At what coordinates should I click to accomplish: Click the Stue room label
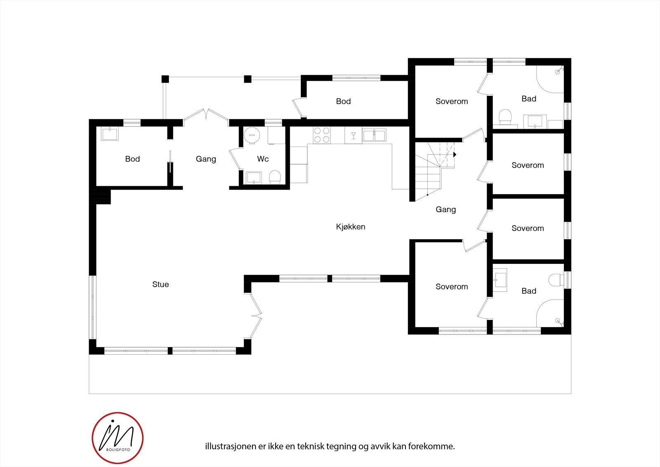click(x=160, y=284)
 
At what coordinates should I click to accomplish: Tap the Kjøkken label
click(x=350, y=227)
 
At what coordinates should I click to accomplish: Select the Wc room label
click(x=263, y=159)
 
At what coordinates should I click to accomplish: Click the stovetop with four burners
click(x=322, y=135)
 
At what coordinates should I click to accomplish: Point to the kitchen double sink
click(x=374, y=135)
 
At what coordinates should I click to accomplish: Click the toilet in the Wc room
click(x=275, y=178)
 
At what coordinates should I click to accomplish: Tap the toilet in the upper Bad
click(x=505, y=116)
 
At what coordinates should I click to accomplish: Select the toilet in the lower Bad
click(x=556, y=280)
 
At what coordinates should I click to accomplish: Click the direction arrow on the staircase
click(x=455, y=154)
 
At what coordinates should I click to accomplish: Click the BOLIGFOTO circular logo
click(x=118, y=437)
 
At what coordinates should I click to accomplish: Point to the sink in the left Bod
click(x=110, y=134)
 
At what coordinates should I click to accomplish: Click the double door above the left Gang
click(x=206, y=116)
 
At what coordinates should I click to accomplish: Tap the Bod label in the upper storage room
click(x=343, y=101)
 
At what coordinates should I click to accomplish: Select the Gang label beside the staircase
click(x=445, y=209)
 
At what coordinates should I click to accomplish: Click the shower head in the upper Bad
click(x=558, y=71)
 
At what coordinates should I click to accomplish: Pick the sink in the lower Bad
click(x=500, y=280)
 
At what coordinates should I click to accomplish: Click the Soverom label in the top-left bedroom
click(x=452, y=101)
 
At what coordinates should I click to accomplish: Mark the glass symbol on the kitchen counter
click(x=354, y=135)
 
